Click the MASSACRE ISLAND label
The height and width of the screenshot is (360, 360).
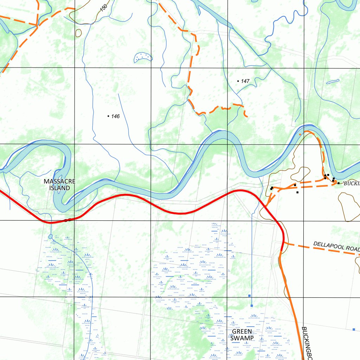(x=59, y=185)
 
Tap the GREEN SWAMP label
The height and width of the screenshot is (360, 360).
(x=242, y=335)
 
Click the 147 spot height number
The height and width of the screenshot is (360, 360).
(x=245, y=81)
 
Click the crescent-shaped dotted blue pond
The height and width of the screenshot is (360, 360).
(x=143, y=58)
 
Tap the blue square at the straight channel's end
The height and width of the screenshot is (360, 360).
(x=252, y=306)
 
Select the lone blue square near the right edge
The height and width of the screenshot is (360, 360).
(x=354, y=329)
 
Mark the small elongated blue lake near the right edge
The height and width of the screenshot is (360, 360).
(x=333, y=82)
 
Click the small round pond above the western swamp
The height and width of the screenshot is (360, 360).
(x=51, y=236)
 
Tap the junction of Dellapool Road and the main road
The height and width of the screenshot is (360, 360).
(x=284, y=242)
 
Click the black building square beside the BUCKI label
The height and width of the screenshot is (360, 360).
(x=338, y=183)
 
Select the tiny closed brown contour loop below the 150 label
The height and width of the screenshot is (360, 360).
(x=78, y=33)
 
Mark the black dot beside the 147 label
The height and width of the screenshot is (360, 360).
(x=238, y=81)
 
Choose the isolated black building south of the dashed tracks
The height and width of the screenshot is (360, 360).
(x=297, y=192)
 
